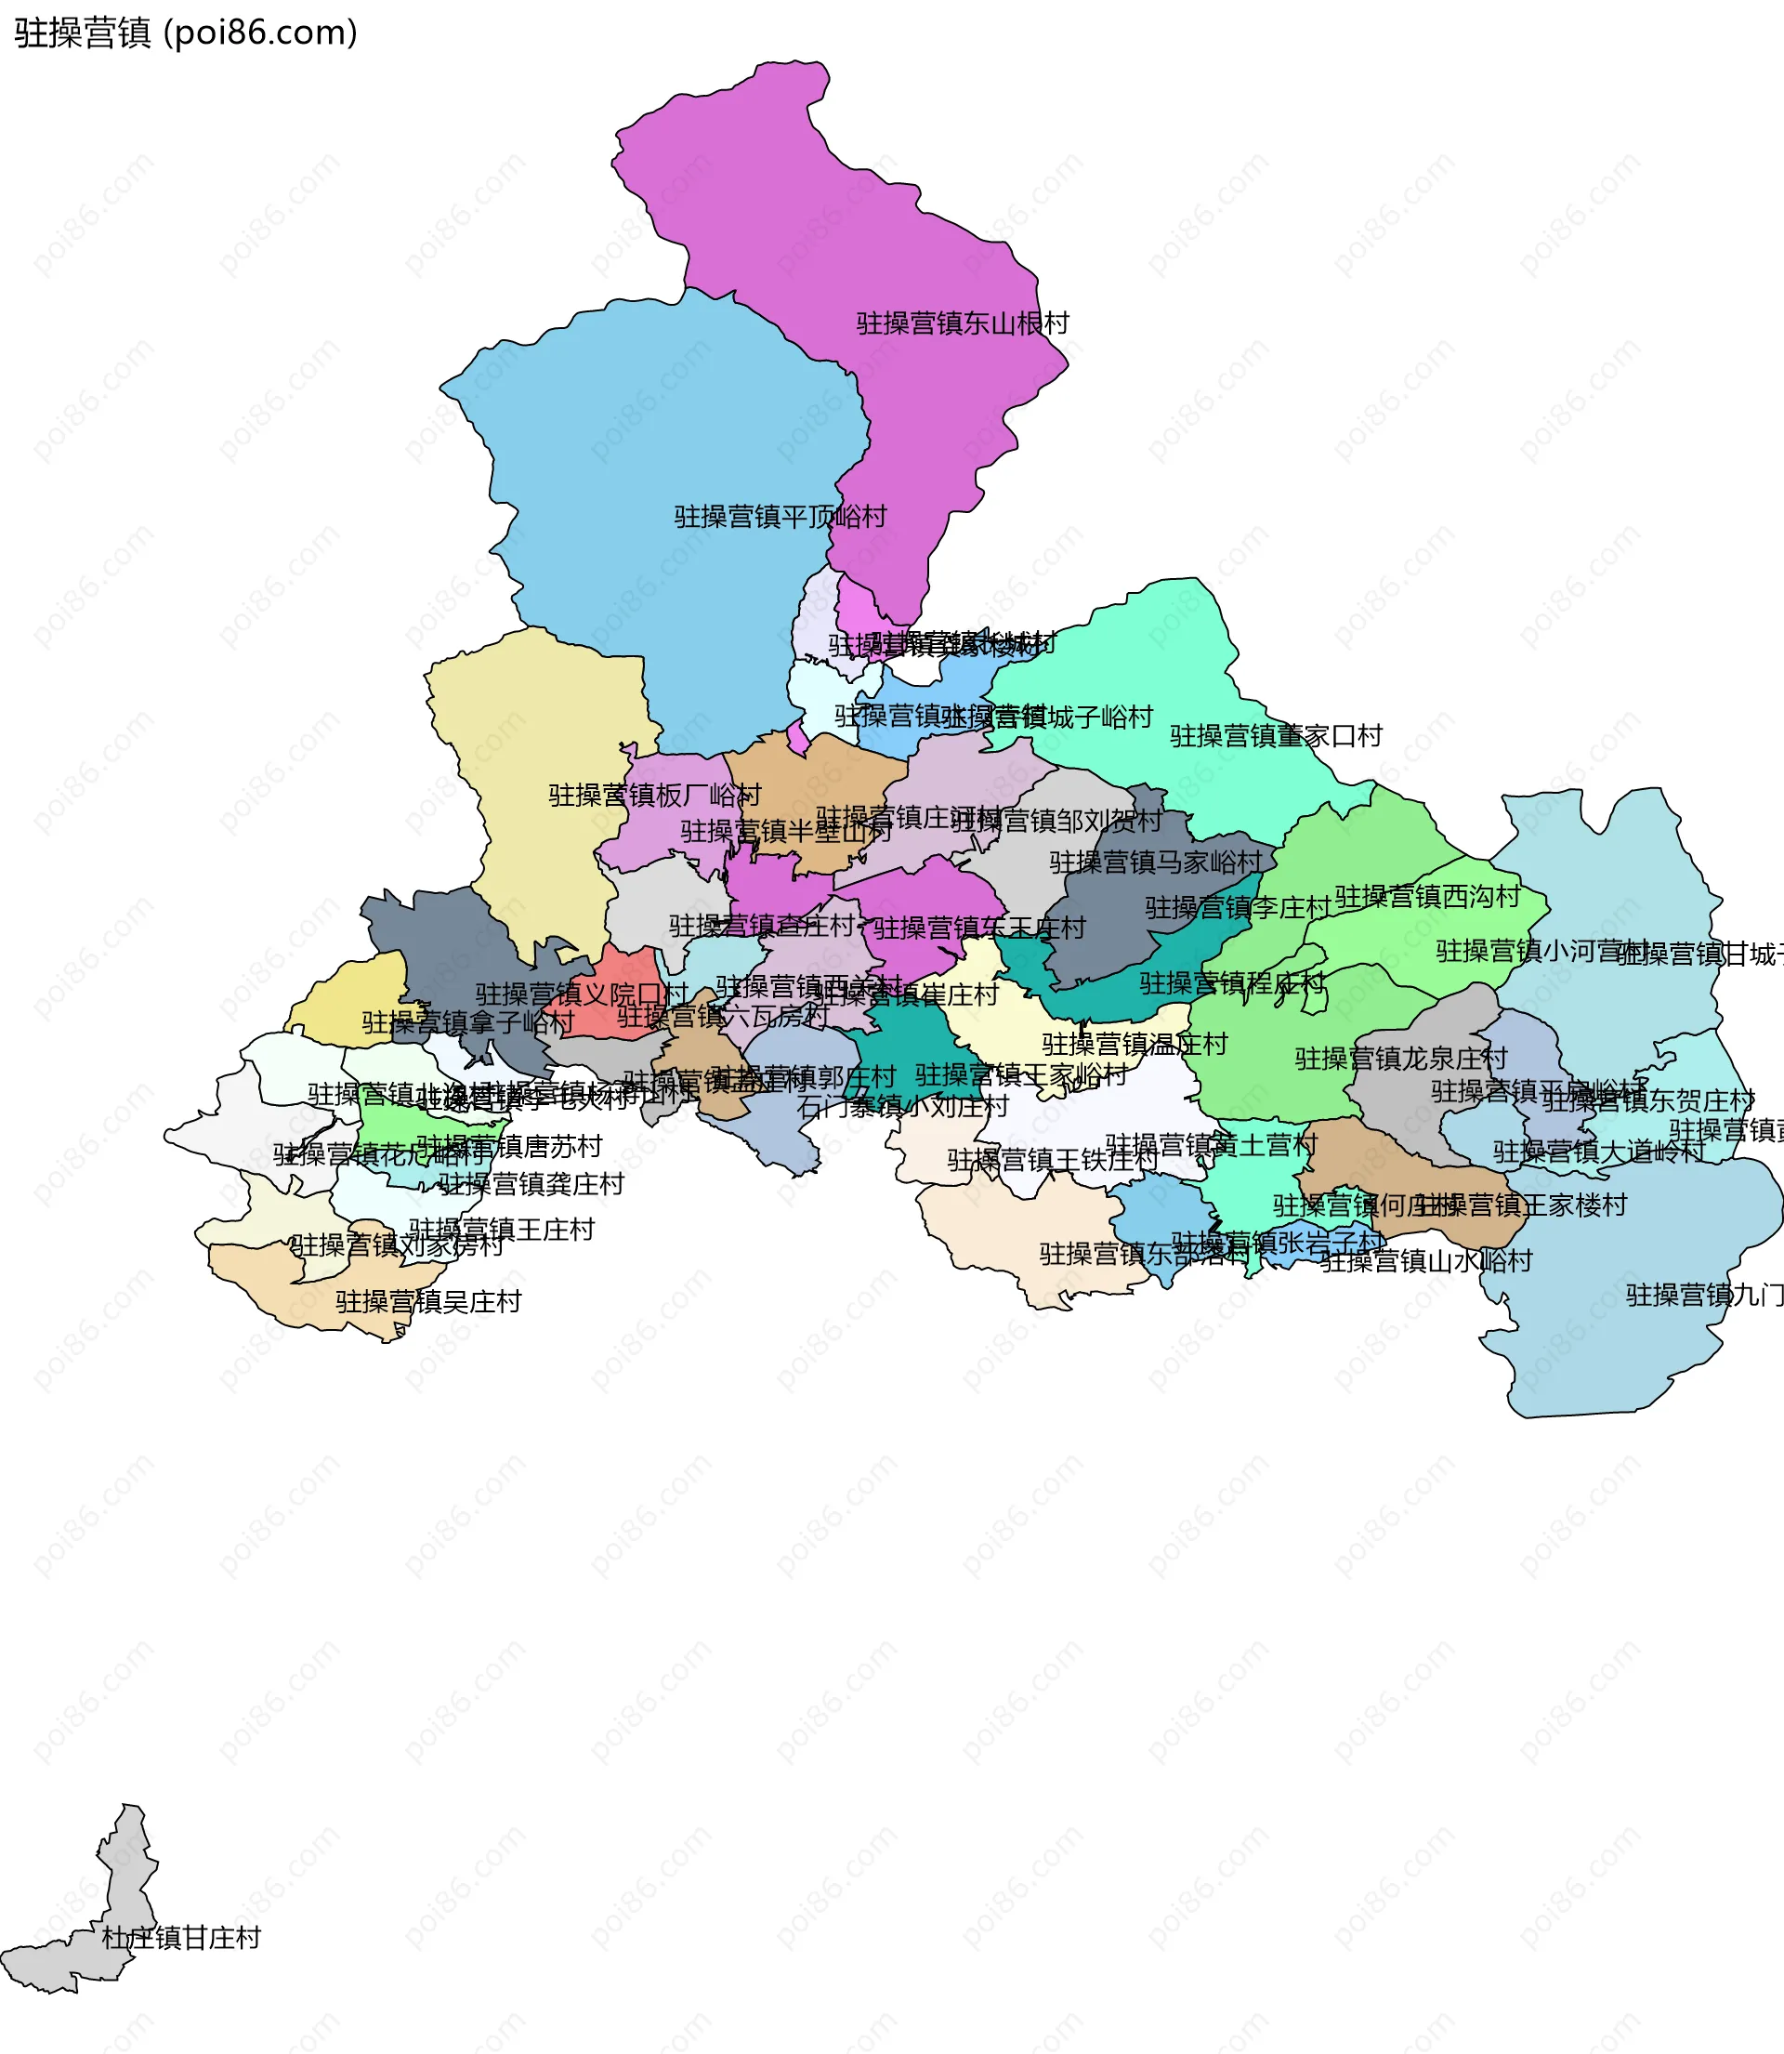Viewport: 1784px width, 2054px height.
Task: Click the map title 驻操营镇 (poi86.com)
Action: tap(185, 33)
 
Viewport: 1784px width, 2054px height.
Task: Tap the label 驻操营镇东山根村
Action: tap(963, 323)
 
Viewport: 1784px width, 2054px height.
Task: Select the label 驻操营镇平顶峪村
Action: tap(780, 517)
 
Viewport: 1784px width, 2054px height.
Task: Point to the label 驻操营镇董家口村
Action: tap(1277, 736)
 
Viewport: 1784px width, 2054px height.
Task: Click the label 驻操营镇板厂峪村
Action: tap(655, 795)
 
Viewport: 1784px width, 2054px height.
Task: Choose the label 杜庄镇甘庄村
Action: tap(181, 1938)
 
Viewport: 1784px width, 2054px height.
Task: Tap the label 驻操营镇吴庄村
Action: tap(429, 1301)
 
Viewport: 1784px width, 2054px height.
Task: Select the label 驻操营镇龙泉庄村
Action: tap(1401, 1059)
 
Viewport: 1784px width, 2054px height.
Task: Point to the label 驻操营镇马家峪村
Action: tap(1156, 862)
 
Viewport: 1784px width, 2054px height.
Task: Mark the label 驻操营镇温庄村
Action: tap(1135, 1045)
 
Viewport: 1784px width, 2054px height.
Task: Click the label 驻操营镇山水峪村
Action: tap(1426, 1261)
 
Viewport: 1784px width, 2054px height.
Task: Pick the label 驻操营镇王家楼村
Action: tap(1521, 1205)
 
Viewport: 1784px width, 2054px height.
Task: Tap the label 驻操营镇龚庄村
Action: tap(531, 1184)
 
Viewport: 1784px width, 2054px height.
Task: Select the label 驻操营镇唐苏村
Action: tap(510, 1147)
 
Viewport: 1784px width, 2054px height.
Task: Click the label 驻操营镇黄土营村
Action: tap(1212, 1145)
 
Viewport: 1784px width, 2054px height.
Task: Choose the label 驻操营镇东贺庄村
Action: tap(1648, 1101)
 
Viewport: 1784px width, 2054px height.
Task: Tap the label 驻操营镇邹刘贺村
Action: tap(1056, 822)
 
